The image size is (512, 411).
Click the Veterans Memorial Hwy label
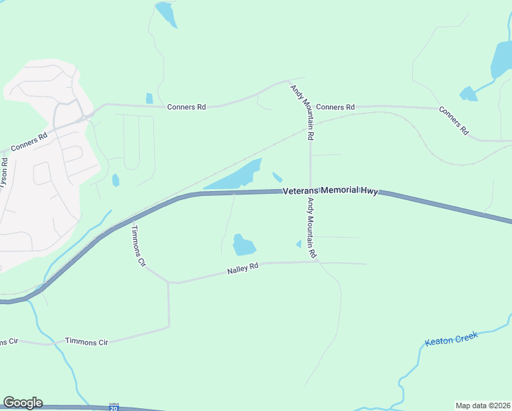(x=331, y=192)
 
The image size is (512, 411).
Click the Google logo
(x=23, y=403)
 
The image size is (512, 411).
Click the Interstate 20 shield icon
(x=114, y=407)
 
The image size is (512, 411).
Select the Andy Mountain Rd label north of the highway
(x=301, y=112)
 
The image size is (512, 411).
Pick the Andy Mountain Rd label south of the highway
(x=311, y=227)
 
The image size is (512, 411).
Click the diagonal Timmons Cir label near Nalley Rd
(x=138, y=245)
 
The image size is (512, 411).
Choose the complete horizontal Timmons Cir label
(x=87, y=340)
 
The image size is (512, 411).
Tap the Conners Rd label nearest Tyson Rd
(x=29, y=141)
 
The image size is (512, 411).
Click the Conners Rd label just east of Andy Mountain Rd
(x=335, y=107)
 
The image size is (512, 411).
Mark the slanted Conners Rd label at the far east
(x=454, y=121)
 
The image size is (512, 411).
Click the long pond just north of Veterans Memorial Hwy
(x=236, y=177)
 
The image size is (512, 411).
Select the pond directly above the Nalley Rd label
(x=243, y=245)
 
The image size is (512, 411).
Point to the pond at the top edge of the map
(x=166, y=14)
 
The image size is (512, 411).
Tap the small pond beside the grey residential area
(x=115, y=180)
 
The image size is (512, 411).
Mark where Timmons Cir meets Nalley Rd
(x=168, y=282)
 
